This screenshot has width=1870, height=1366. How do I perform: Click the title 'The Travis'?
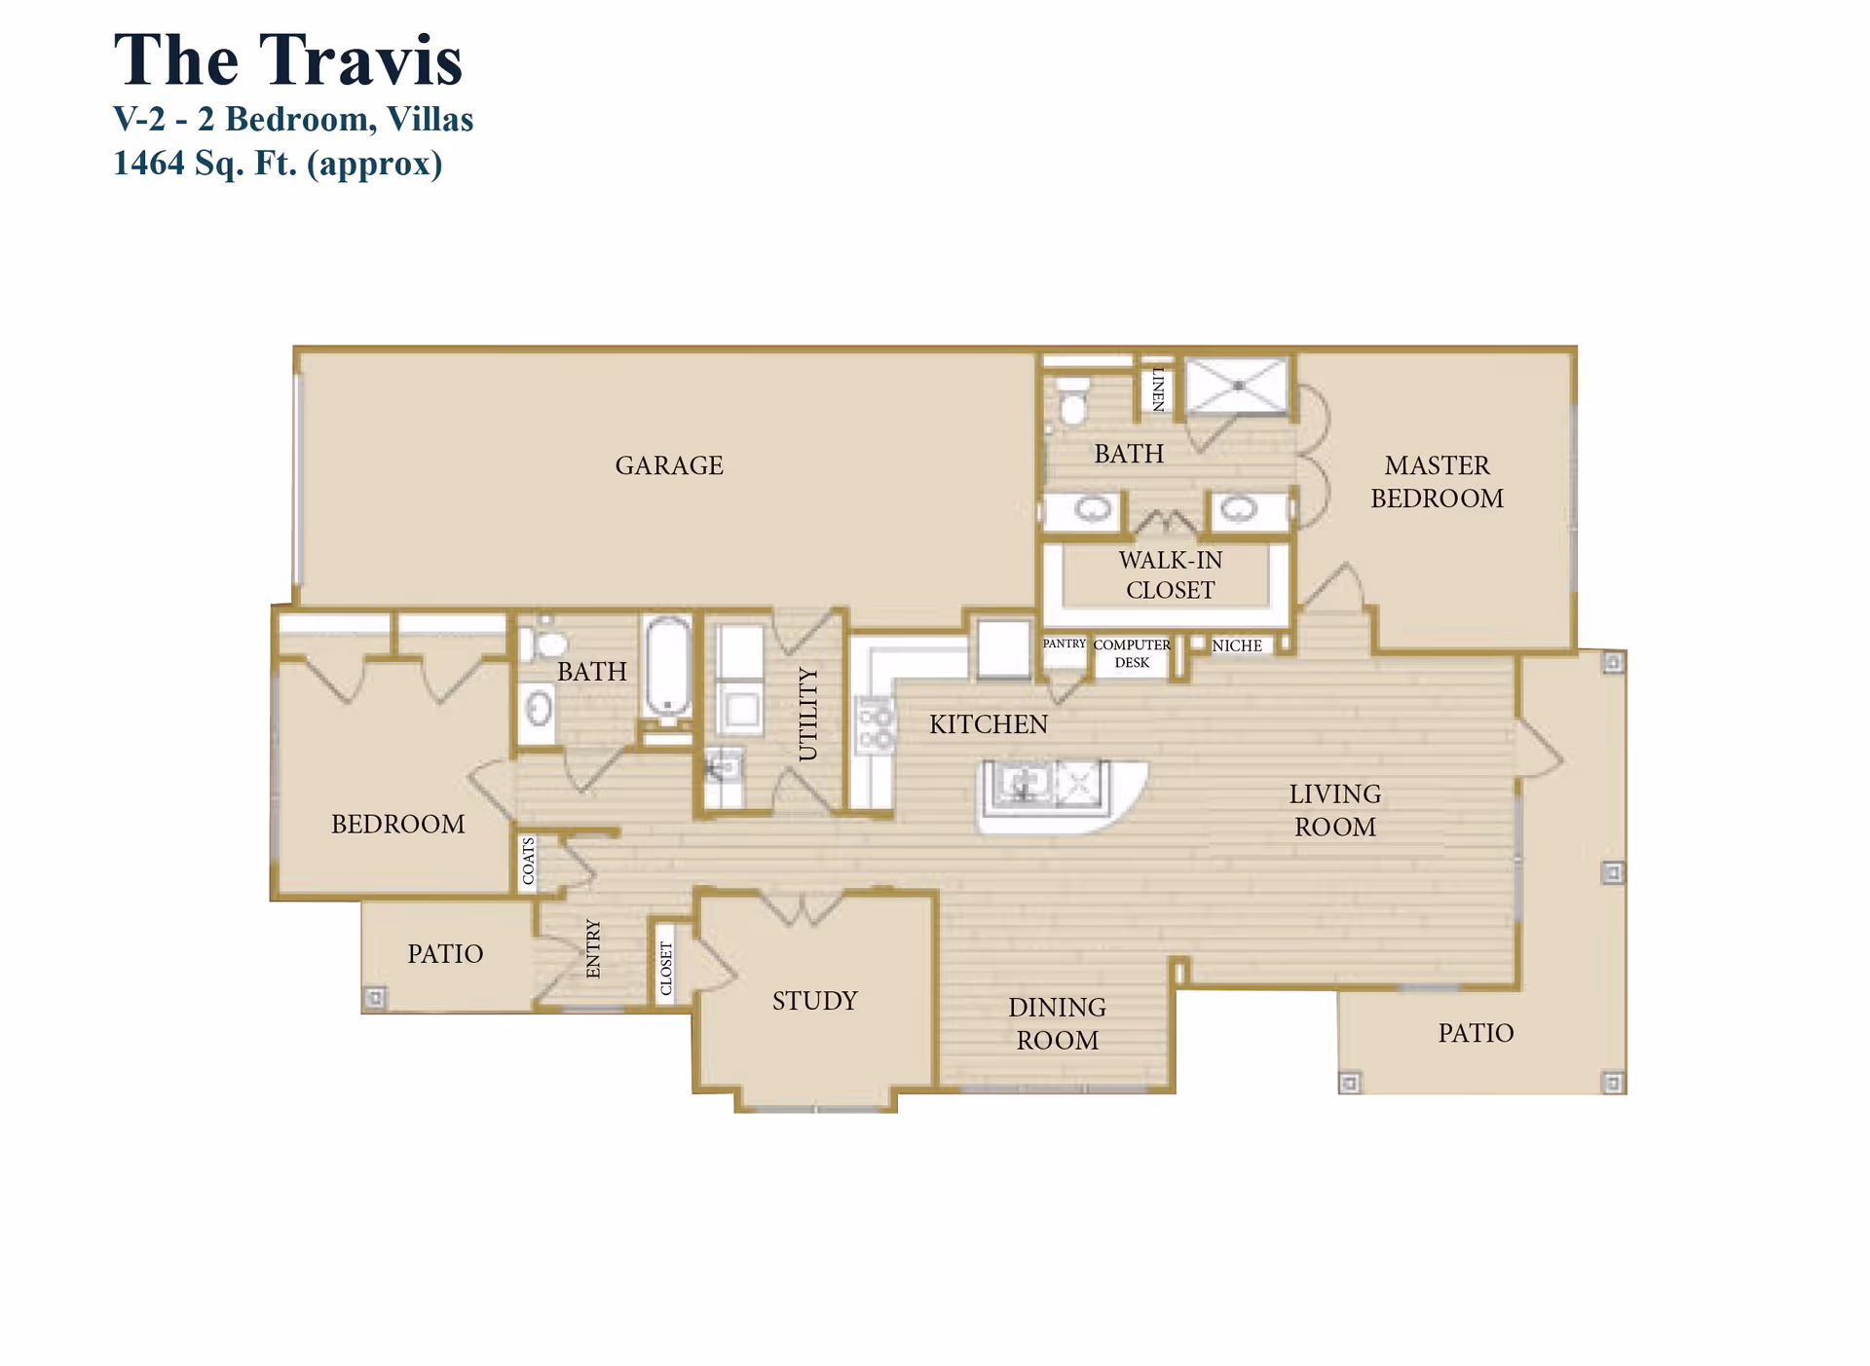[287, 60]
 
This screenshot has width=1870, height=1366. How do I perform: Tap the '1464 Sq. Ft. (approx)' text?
[278, 163]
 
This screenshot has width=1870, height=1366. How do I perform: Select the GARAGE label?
[669, 465]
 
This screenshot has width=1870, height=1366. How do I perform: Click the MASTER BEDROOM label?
[1437, 482]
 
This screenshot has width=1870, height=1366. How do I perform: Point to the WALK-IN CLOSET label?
[1170, 574]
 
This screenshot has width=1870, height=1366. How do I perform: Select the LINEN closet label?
[1158, 388]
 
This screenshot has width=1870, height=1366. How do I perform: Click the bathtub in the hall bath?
[668, 668]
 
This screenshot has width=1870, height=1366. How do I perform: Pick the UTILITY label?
[808, 714]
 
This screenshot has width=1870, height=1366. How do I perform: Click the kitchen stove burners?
[876, 726]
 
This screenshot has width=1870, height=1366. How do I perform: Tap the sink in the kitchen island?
[1023, 783]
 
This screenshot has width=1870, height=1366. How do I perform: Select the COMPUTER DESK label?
[1132, 653]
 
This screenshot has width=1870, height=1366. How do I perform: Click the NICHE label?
[1237, 646]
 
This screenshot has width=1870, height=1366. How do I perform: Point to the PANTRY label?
[1064, 644]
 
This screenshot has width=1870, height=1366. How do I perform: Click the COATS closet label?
[528, 861]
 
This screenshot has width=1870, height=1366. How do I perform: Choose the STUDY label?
[814, 1001]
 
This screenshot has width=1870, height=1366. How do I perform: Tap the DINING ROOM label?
[1057, 1023]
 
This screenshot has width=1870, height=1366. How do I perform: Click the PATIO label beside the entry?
[445, 954]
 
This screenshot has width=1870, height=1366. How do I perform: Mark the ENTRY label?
[593, 948]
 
